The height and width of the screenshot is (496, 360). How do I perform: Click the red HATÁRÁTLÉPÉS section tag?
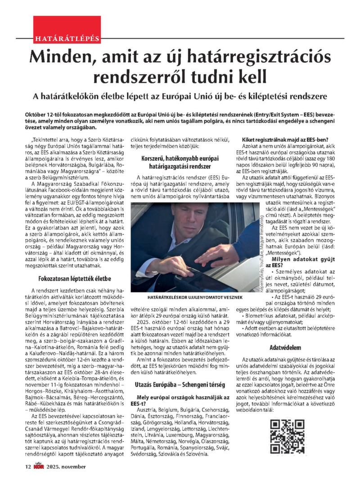coord(67,38)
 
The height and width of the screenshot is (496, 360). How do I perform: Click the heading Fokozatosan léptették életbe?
coord(72,278)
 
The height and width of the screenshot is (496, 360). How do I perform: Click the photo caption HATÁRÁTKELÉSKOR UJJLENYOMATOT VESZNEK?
coord(185,298)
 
